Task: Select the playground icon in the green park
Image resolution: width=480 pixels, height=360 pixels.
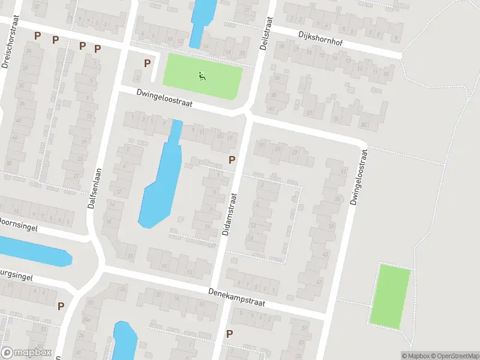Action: click(202, 76)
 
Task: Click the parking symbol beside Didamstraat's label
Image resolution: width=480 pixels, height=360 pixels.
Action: click(232, 160)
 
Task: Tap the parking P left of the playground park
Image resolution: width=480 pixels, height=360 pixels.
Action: click(146, 63)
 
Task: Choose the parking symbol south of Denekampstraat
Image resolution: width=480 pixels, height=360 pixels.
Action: click(229, 334)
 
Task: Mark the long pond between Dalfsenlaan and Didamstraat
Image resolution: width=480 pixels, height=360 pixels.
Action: click(160, 180)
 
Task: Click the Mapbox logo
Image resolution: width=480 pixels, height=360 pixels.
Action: click(25, 353)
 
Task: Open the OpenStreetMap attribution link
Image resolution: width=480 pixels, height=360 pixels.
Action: click(454, 356)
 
